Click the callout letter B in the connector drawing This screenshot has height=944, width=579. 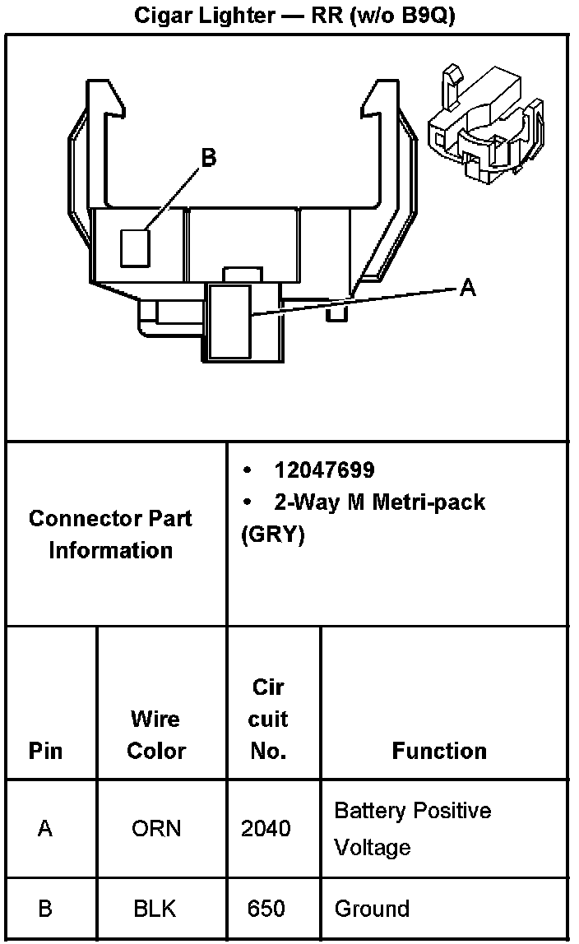(x=209, y=157)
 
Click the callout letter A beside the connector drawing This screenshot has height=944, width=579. (x=467, y=288)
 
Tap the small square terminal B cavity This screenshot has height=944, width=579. (x=134, y=248)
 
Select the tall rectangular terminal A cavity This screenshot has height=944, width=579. (x=229, y=322)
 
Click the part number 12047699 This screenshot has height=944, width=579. (x=324, y=470)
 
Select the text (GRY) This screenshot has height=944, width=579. (x=273, y=535)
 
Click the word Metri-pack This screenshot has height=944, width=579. (x=428, y=502)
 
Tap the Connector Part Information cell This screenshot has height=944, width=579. (x=110, y=534)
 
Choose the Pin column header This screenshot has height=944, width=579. (x=45, y=751)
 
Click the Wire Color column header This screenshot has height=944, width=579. (x=156, y=734)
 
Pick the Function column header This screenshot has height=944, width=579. (x=439, y=751)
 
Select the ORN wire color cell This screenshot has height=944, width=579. (x=156, y=828)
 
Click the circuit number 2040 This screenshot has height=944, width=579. (x=266, y=828)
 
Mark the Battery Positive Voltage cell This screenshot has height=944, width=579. (x=412, y=828)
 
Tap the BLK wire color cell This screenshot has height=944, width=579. (x=155, y=909)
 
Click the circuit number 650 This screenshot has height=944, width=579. (x=266, y=909)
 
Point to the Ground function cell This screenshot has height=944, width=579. (x=372, y=909)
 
